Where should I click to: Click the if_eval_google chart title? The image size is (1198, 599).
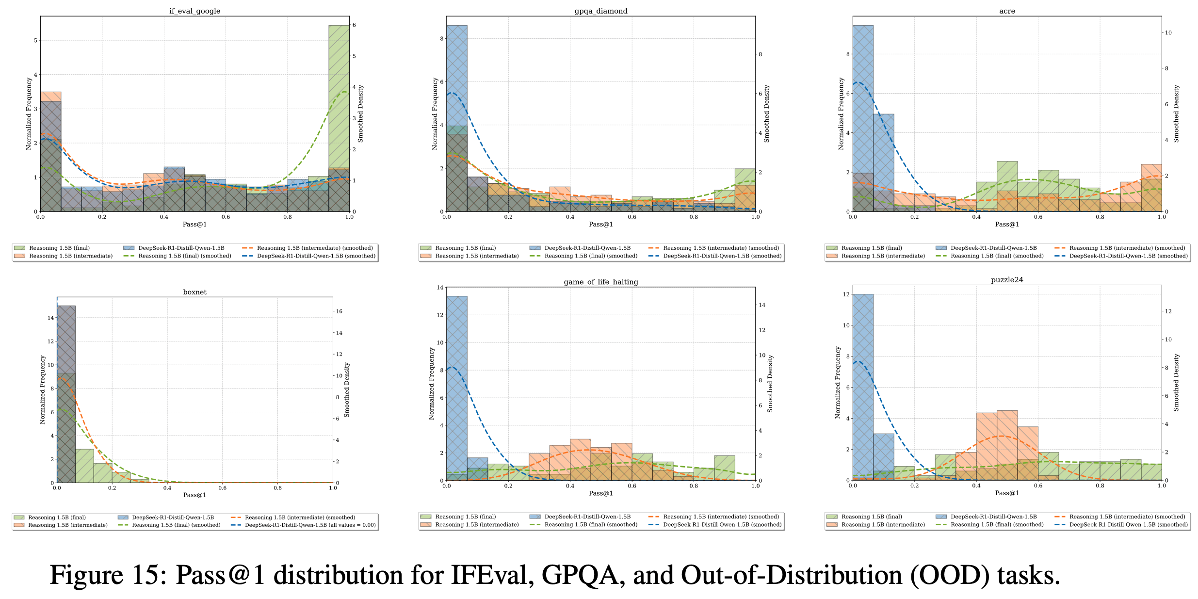(x=194, y=11)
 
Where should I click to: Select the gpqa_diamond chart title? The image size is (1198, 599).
(x=600, y=11)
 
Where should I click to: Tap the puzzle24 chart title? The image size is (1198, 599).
(x=1007, y=280)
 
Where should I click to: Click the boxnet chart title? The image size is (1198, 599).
(x=194, y=292)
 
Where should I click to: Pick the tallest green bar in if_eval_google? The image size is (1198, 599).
(x=339, y=116)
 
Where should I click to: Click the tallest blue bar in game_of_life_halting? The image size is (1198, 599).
(x=457, y=388)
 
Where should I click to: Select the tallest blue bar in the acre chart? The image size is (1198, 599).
(x=863, y=116)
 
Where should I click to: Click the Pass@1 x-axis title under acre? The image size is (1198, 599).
(x=1007, y=224)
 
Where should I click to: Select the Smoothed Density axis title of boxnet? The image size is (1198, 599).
(x=347, y=389)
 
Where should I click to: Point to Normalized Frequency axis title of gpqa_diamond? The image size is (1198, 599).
(x=435, y=113)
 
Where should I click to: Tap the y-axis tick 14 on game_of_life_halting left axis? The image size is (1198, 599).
(x=440, y=287)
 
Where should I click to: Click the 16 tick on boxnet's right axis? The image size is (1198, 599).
(x=339, y=311)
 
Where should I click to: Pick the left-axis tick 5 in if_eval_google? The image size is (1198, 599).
(x=35, y=40)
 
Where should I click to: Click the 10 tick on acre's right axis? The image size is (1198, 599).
(x=1168, y=32)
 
